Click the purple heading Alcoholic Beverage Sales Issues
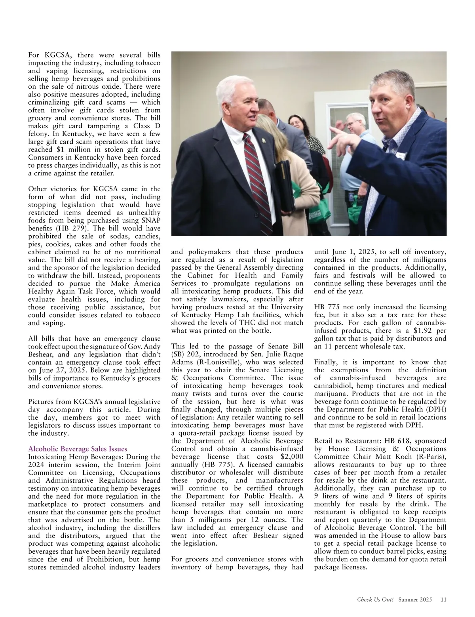point(78,449)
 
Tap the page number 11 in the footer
point(444,599)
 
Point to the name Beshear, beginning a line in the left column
point(40,354)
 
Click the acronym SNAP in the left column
point(149,220)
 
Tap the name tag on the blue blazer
point(401,155)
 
